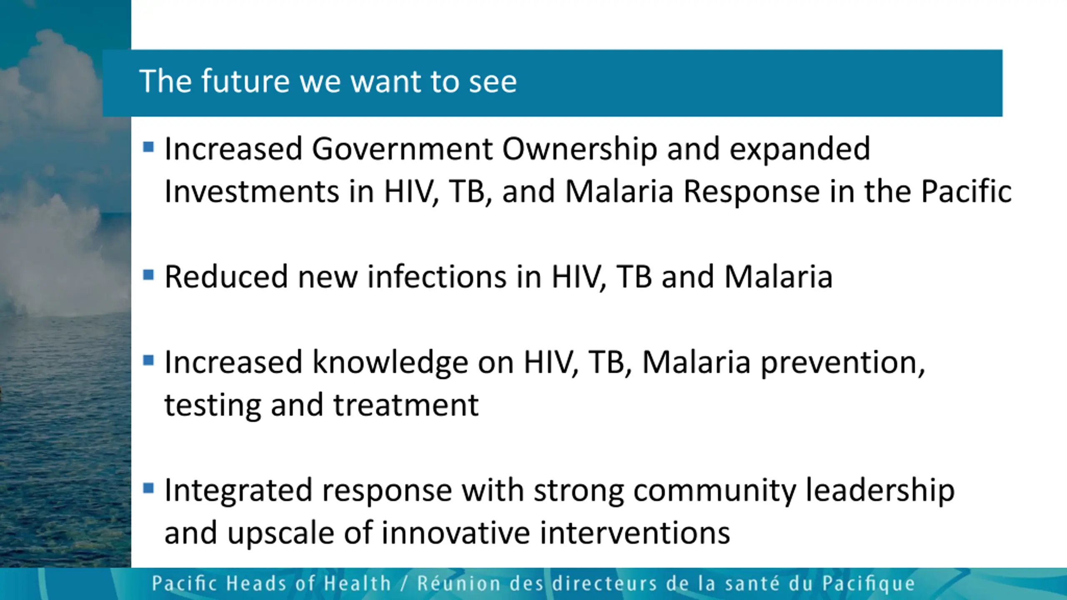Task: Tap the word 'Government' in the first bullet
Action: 402,149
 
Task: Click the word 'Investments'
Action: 252,192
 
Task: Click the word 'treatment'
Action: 406,405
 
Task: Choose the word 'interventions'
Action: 635,533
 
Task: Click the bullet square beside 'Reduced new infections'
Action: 148,275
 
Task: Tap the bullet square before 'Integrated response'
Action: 148,488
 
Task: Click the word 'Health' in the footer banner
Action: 358,583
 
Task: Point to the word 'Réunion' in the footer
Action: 459,583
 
